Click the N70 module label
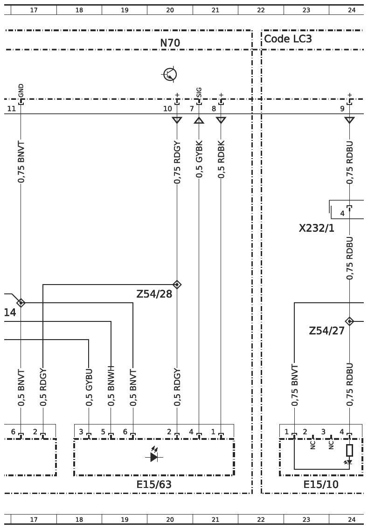[170, 43]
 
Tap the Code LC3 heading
[288, 39]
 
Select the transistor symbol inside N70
[170, 74]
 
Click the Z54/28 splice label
[154, 294]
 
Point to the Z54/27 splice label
[326, 331]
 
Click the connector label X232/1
[316, 229]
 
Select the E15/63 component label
[154, 485]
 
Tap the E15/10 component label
[321, 485]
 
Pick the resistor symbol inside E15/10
[349, 450]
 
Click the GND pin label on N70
[21, 90]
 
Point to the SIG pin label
[199, 92]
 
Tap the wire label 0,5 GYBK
[199, 159]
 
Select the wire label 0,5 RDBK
[221, 159]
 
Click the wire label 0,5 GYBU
[89, 388]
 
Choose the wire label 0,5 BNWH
[111, 386]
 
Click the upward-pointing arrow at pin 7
[199, 120]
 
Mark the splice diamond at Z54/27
[349, 321]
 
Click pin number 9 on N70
[342, 109]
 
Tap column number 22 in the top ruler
[261, 10]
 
